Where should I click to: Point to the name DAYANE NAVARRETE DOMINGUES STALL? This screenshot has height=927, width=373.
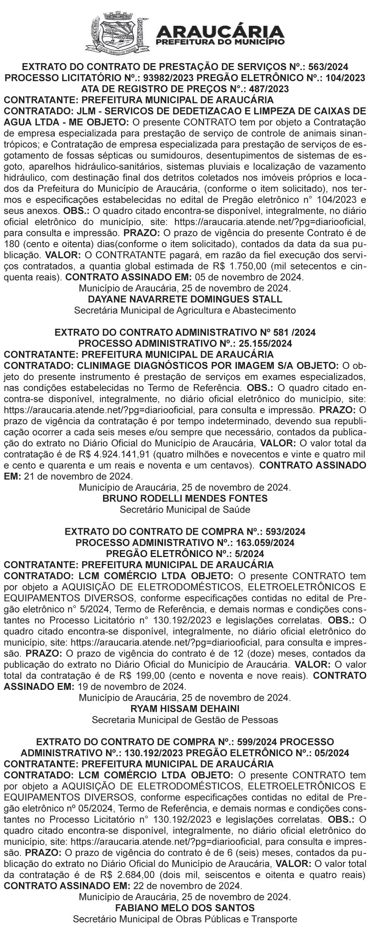[x=185, y=299]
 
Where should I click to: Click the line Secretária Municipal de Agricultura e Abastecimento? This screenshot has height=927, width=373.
[x=185, y=310]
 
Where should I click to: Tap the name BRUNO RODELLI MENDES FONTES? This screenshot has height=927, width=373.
[x=185, y=499]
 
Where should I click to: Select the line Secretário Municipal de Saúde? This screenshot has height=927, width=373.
[x=185, y=509]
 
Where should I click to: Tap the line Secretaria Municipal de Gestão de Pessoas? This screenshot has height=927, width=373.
[x=185, y=720]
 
